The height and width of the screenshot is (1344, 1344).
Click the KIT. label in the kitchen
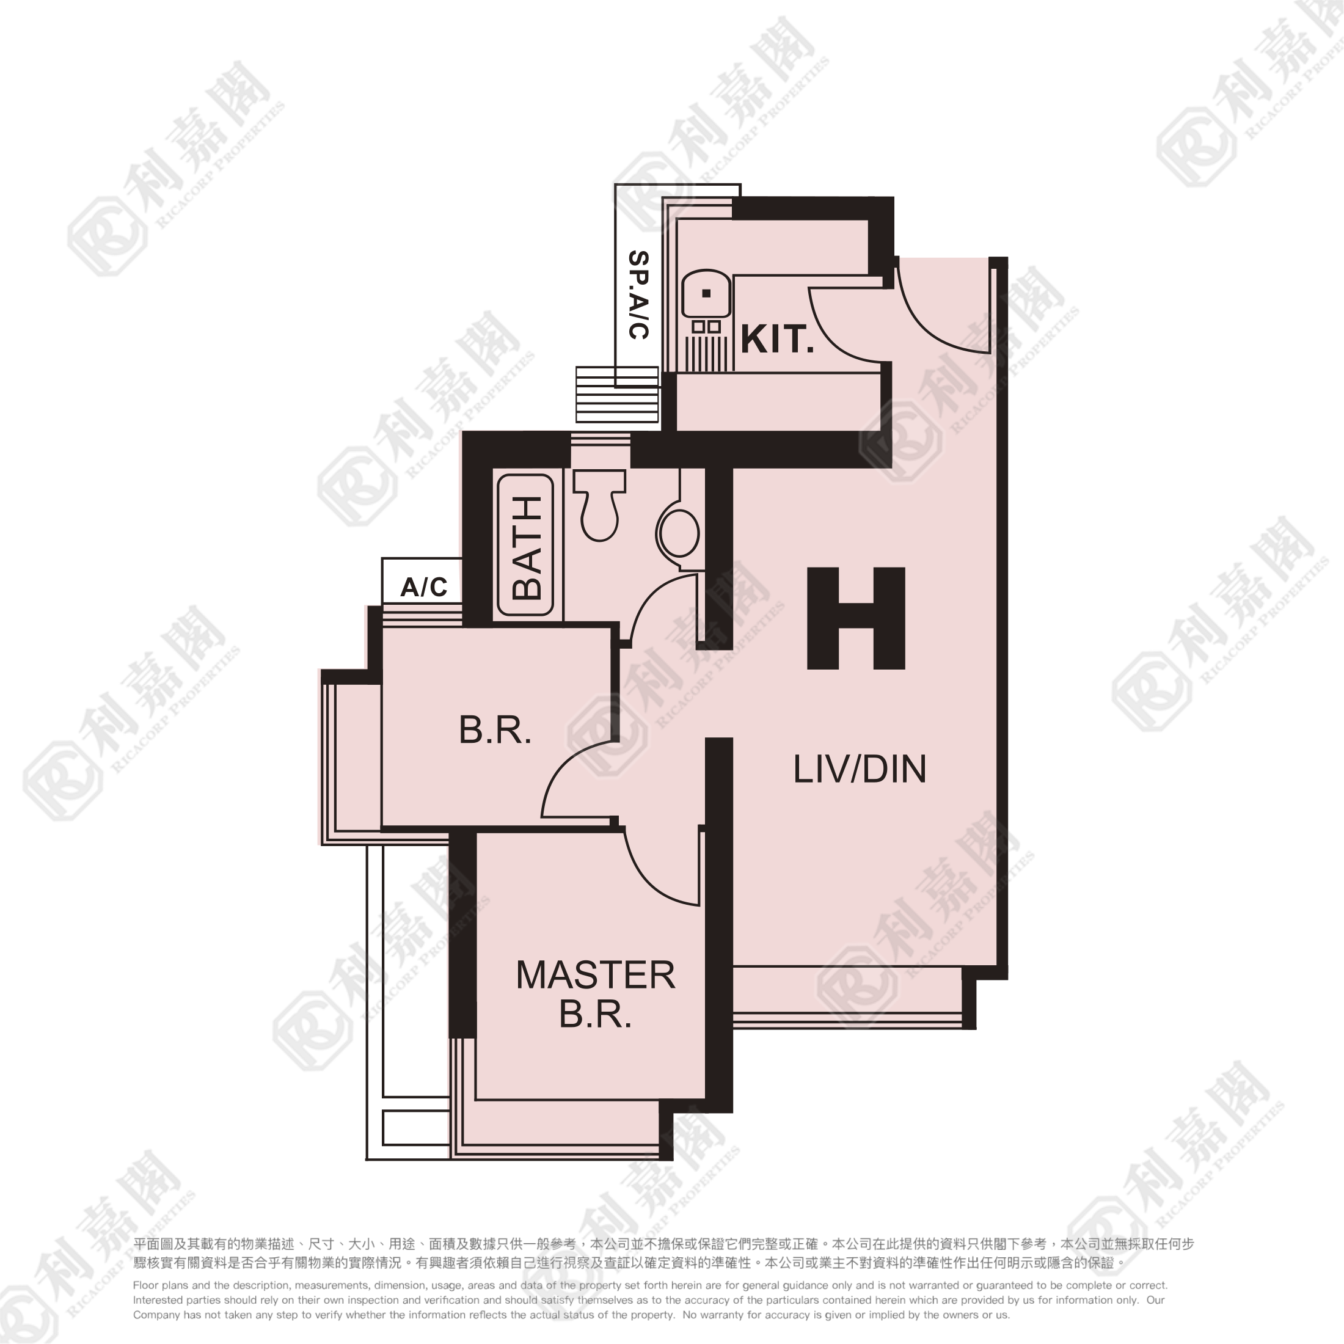point(777,340)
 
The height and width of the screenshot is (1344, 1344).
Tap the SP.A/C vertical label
point(638,295)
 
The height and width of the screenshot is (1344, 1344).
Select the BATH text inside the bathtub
point(527,548)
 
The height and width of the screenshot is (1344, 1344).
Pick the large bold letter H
point(856,618)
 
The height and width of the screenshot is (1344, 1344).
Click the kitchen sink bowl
point(706,294)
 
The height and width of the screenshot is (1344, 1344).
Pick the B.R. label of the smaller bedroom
point(495,731)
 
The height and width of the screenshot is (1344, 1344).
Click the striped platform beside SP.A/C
point(617,395)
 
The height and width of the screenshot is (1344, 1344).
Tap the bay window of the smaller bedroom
point(351,757)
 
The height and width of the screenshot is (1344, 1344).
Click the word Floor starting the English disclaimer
point(145,1285)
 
